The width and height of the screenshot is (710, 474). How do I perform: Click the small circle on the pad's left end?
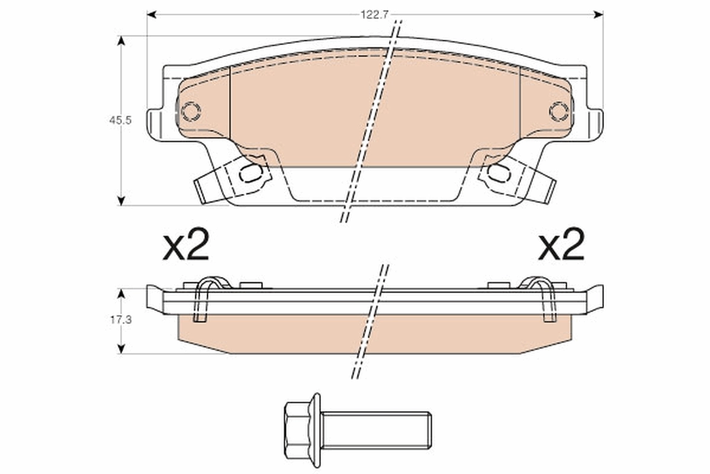click(x=191, y=111)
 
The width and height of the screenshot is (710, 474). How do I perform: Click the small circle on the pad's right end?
click(x=559, y=111)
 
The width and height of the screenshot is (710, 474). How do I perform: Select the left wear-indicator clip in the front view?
click(x=234, y=178)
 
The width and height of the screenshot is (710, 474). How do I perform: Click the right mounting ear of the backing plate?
click(x=595, y=124)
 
